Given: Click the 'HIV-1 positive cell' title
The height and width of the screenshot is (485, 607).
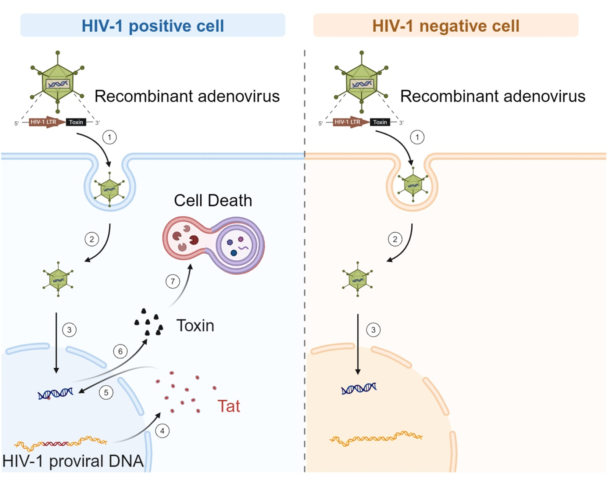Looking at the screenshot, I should (153, 26).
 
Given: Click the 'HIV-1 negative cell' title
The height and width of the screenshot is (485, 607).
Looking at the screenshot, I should (446, 26).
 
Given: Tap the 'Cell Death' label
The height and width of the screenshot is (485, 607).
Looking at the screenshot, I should (213, 201).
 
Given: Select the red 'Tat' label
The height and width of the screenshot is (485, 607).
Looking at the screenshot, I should (229, 406).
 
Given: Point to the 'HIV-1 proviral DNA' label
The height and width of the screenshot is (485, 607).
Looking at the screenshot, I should (73, 461).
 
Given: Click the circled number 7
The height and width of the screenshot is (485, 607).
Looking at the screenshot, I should (173, 282).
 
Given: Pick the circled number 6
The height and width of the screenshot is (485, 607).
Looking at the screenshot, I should (120, 352).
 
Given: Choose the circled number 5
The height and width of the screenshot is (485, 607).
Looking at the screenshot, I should (106, 393).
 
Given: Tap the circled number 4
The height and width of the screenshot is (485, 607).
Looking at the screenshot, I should (162, 431).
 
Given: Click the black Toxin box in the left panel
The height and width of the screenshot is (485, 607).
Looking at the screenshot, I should (76, 122).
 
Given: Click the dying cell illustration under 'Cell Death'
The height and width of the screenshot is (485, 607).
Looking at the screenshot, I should (214, 245).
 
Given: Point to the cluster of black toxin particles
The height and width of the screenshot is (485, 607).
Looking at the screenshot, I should (149, 322).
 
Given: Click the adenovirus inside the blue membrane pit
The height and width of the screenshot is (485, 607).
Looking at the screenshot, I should (110, 189).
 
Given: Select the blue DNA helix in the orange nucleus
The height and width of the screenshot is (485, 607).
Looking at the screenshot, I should (359, 388).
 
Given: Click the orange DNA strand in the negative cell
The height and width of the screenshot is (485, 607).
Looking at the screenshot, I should (376, 438).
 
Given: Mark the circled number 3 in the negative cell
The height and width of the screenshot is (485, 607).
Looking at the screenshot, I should (373, 330).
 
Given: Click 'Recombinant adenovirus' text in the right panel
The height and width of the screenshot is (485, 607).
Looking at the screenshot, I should (493, 96).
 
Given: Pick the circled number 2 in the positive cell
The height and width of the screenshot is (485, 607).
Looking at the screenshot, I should (92, 239).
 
